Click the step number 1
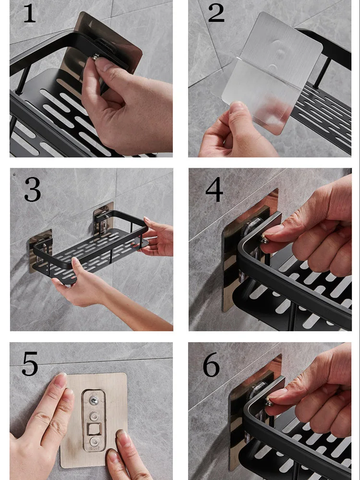pyautogui.click(x=30, y=13)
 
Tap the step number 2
pyautogui.click(x=216, y=13)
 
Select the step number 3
pyautogui.click(x=33, y=189)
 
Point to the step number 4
pyautogui.click(x=214, y=190)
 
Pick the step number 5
pyautogui.click(x=30, y=364)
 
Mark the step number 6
pyautogui.click(x=211, y=365)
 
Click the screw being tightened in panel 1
pyautogui.click(x=96, y=57)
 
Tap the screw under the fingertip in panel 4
pyautogui.click(x=264, y=239)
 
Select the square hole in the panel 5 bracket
pyautogui.click(x=93, y=429)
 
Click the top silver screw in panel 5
pyautogui.click(x=94, y=400)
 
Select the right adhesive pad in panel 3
pyautogui.click(x=104, y=219)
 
